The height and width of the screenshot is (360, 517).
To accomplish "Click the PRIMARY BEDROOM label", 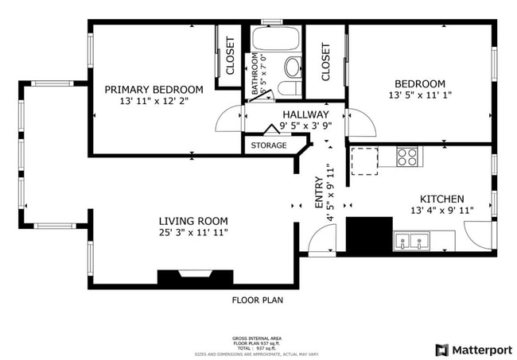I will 154,90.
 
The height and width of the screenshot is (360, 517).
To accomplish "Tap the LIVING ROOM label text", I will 193,221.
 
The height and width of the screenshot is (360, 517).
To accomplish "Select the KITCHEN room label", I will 441,199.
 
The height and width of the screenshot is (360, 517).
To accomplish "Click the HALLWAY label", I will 305,114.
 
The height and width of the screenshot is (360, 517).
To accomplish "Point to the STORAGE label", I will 269,145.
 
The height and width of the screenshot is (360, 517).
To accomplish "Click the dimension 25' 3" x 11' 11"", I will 193,233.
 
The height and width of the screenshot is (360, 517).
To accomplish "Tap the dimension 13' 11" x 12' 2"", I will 154,102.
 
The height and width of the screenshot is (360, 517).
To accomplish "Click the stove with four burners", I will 408,157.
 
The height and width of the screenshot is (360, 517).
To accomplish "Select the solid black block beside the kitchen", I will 369,234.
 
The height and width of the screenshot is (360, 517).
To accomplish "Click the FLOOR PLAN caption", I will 257,300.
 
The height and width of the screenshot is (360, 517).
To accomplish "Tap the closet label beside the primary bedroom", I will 231,56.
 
